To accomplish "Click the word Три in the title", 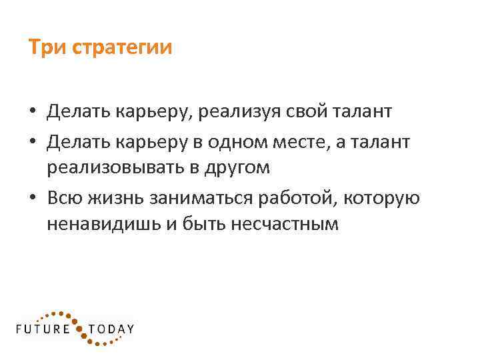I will [46, 49].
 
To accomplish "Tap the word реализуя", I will [251, 111].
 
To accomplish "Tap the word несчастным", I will [285, 225].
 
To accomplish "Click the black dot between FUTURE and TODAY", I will [80, 328].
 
